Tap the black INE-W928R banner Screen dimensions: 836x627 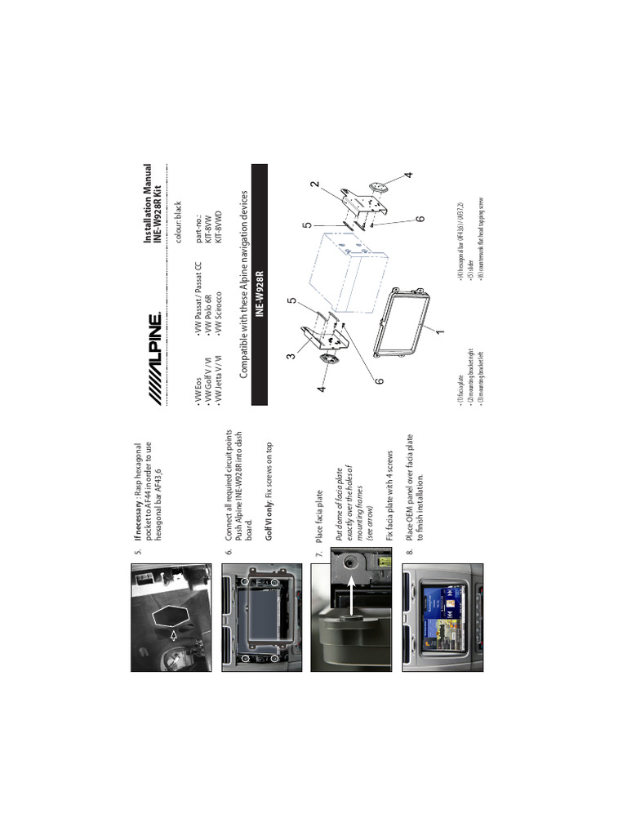[x=260, y=284]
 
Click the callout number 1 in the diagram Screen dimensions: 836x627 [x=439, y=331]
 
